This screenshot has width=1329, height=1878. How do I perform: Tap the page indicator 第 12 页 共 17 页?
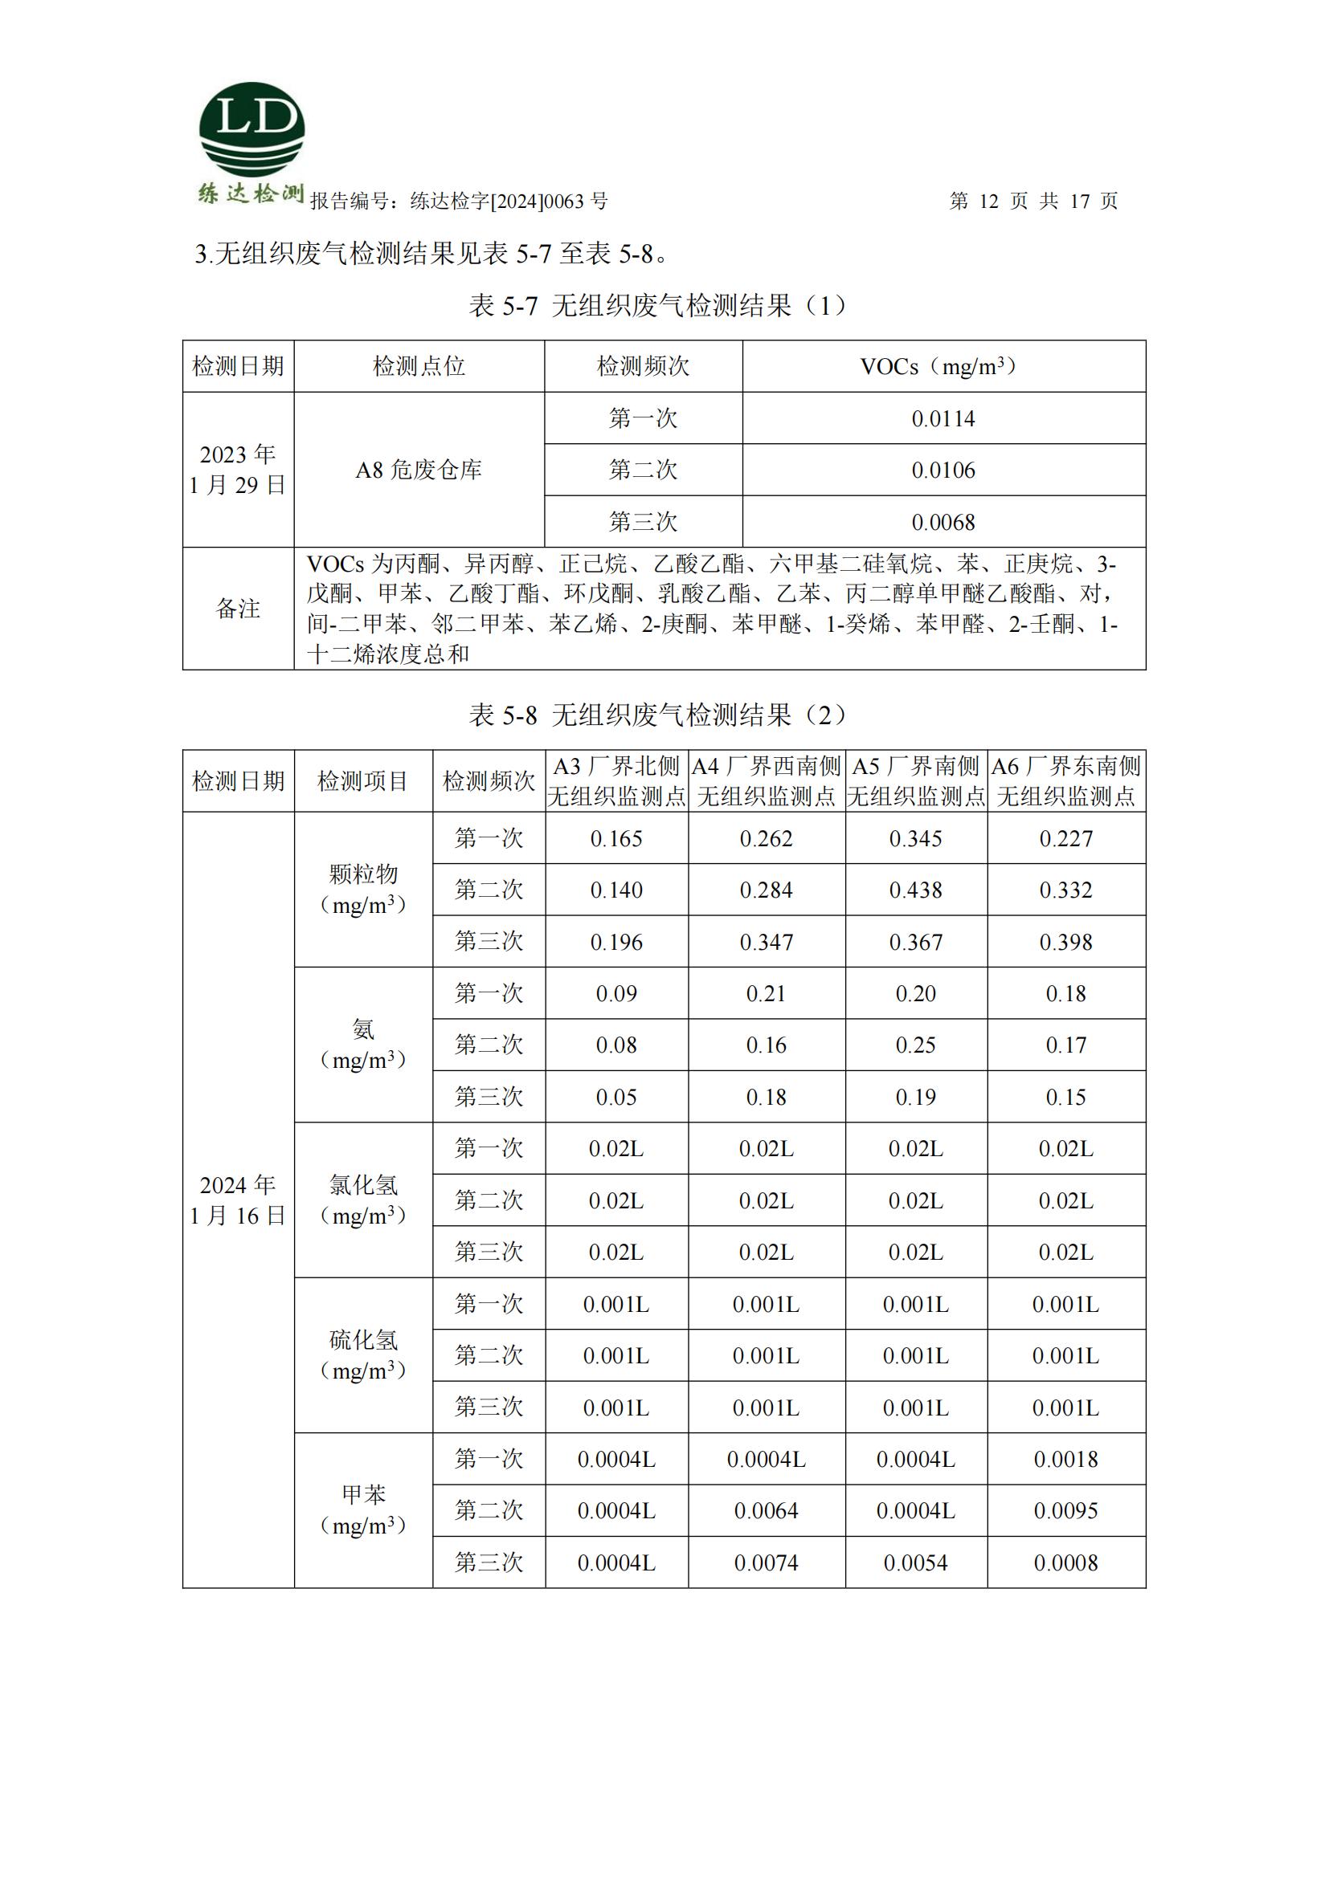click(1033, 202)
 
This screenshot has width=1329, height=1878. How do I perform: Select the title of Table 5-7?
click(659, 306)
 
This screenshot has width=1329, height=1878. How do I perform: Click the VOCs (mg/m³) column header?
click(943, 366)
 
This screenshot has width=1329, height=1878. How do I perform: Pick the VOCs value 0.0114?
click(943, 419)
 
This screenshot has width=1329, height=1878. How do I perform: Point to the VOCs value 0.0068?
click(943, 522)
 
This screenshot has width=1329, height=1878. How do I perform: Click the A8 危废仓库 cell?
click(418, 471)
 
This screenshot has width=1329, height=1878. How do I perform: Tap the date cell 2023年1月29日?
click(237, 471)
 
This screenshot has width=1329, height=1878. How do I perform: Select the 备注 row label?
click(237, 609)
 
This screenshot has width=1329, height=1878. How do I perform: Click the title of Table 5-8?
click(659, 715)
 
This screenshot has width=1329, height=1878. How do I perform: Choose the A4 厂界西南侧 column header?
click(766, 781)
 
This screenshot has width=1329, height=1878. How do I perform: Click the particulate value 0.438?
click(916, 890)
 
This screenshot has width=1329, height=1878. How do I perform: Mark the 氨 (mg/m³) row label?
click(362, 1045)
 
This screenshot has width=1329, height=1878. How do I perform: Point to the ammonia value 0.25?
click(916, 1045)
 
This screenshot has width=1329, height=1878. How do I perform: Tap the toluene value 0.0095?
click(1065, 1511)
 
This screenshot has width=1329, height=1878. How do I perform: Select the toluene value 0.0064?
click(766, 1511)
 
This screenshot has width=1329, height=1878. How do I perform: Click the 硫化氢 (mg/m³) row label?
click(362, 1355)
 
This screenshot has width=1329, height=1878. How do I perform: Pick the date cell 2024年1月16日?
click(237, 1200)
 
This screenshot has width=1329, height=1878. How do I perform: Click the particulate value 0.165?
click(616, 838)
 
